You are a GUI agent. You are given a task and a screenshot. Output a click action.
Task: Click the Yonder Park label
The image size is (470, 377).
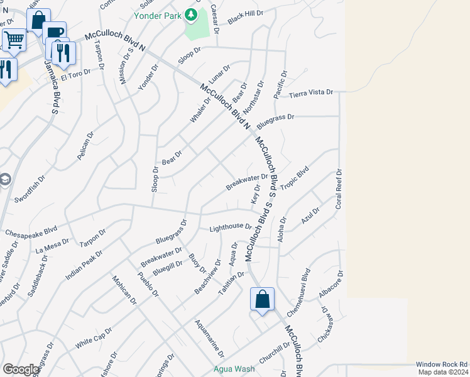point(160,14)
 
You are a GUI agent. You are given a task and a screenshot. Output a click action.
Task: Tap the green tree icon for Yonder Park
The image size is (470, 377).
point(192,14)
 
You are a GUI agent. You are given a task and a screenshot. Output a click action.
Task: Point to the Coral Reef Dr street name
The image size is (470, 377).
point(339,188)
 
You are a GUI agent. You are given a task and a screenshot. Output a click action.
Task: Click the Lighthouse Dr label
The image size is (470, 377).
point(231,229)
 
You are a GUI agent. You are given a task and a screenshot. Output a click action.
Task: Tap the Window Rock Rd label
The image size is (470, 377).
point(442,364)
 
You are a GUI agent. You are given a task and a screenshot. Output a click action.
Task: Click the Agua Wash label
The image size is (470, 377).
point(234,369)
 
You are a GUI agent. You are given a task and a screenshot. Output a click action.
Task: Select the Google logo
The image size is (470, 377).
point(21,369)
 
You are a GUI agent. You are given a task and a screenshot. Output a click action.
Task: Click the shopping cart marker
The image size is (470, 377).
point(14,40)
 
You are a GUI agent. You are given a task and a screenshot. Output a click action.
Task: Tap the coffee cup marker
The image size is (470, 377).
point(55,32)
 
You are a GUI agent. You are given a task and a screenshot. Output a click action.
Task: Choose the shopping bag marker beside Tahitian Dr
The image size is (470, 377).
point(262,299)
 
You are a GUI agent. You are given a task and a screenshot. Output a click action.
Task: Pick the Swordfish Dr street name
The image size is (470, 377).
point(31,189)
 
